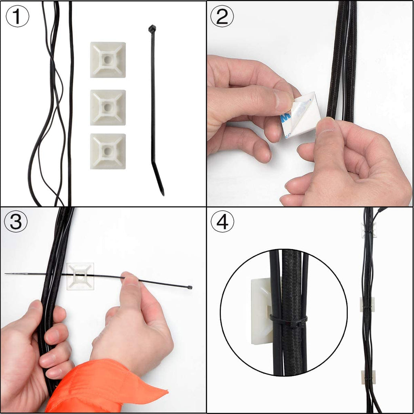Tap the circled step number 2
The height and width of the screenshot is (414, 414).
(x=222, y=17)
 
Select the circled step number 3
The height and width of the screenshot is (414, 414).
(x=15, y=222)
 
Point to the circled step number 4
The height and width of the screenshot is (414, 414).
(x=222, y=222)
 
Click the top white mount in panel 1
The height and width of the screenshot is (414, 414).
(x=108, y=60)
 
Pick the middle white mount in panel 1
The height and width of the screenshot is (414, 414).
(x=108, y=108)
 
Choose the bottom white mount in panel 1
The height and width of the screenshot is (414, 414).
(x=108, y=151)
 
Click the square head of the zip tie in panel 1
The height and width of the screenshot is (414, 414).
(x=152, y=29)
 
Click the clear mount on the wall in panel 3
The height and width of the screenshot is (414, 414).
(x=80, y=276)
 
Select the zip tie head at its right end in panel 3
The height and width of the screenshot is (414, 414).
(x=190, y=287)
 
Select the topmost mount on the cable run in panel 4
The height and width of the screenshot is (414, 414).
(x=369, y=230)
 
